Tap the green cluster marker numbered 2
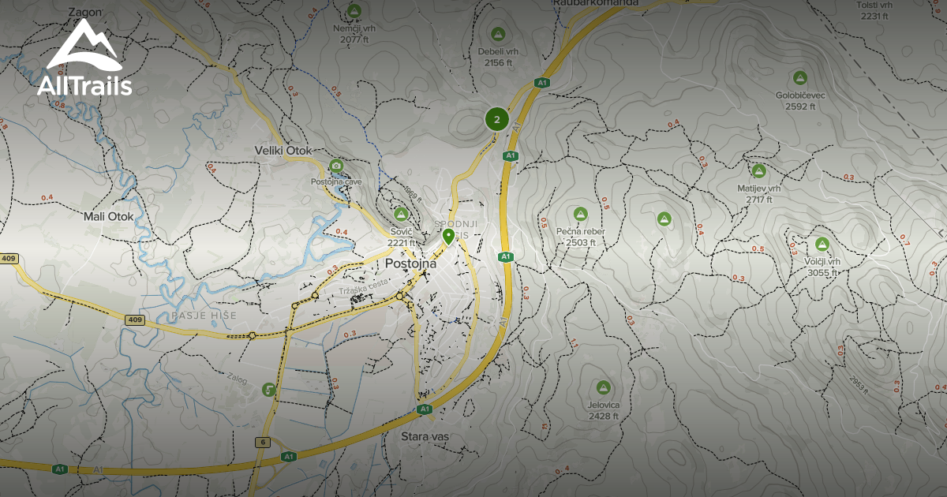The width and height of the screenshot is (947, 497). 496,120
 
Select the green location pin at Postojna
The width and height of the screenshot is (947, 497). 448,236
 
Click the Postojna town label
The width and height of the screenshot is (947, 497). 411,263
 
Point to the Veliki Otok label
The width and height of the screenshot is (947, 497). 284,151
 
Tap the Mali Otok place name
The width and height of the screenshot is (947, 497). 110,215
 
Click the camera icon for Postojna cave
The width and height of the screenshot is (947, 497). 336,165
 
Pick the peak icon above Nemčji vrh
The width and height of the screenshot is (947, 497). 354,10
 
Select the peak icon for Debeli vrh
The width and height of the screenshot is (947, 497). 498,34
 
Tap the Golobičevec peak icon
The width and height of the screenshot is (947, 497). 800,77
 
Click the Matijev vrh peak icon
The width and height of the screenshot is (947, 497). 758,170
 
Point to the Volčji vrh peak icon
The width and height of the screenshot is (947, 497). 822,244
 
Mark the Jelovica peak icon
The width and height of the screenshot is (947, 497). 603,387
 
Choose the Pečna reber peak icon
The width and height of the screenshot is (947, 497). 581,213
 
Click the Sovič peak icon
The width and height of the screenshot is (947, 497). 401,214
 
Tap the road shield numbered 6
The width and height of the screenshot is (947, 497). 262,442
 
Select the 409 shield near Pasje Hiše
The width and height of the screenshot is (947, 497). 135,319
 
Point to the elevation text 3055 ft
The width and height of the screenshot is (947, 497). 822,273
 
